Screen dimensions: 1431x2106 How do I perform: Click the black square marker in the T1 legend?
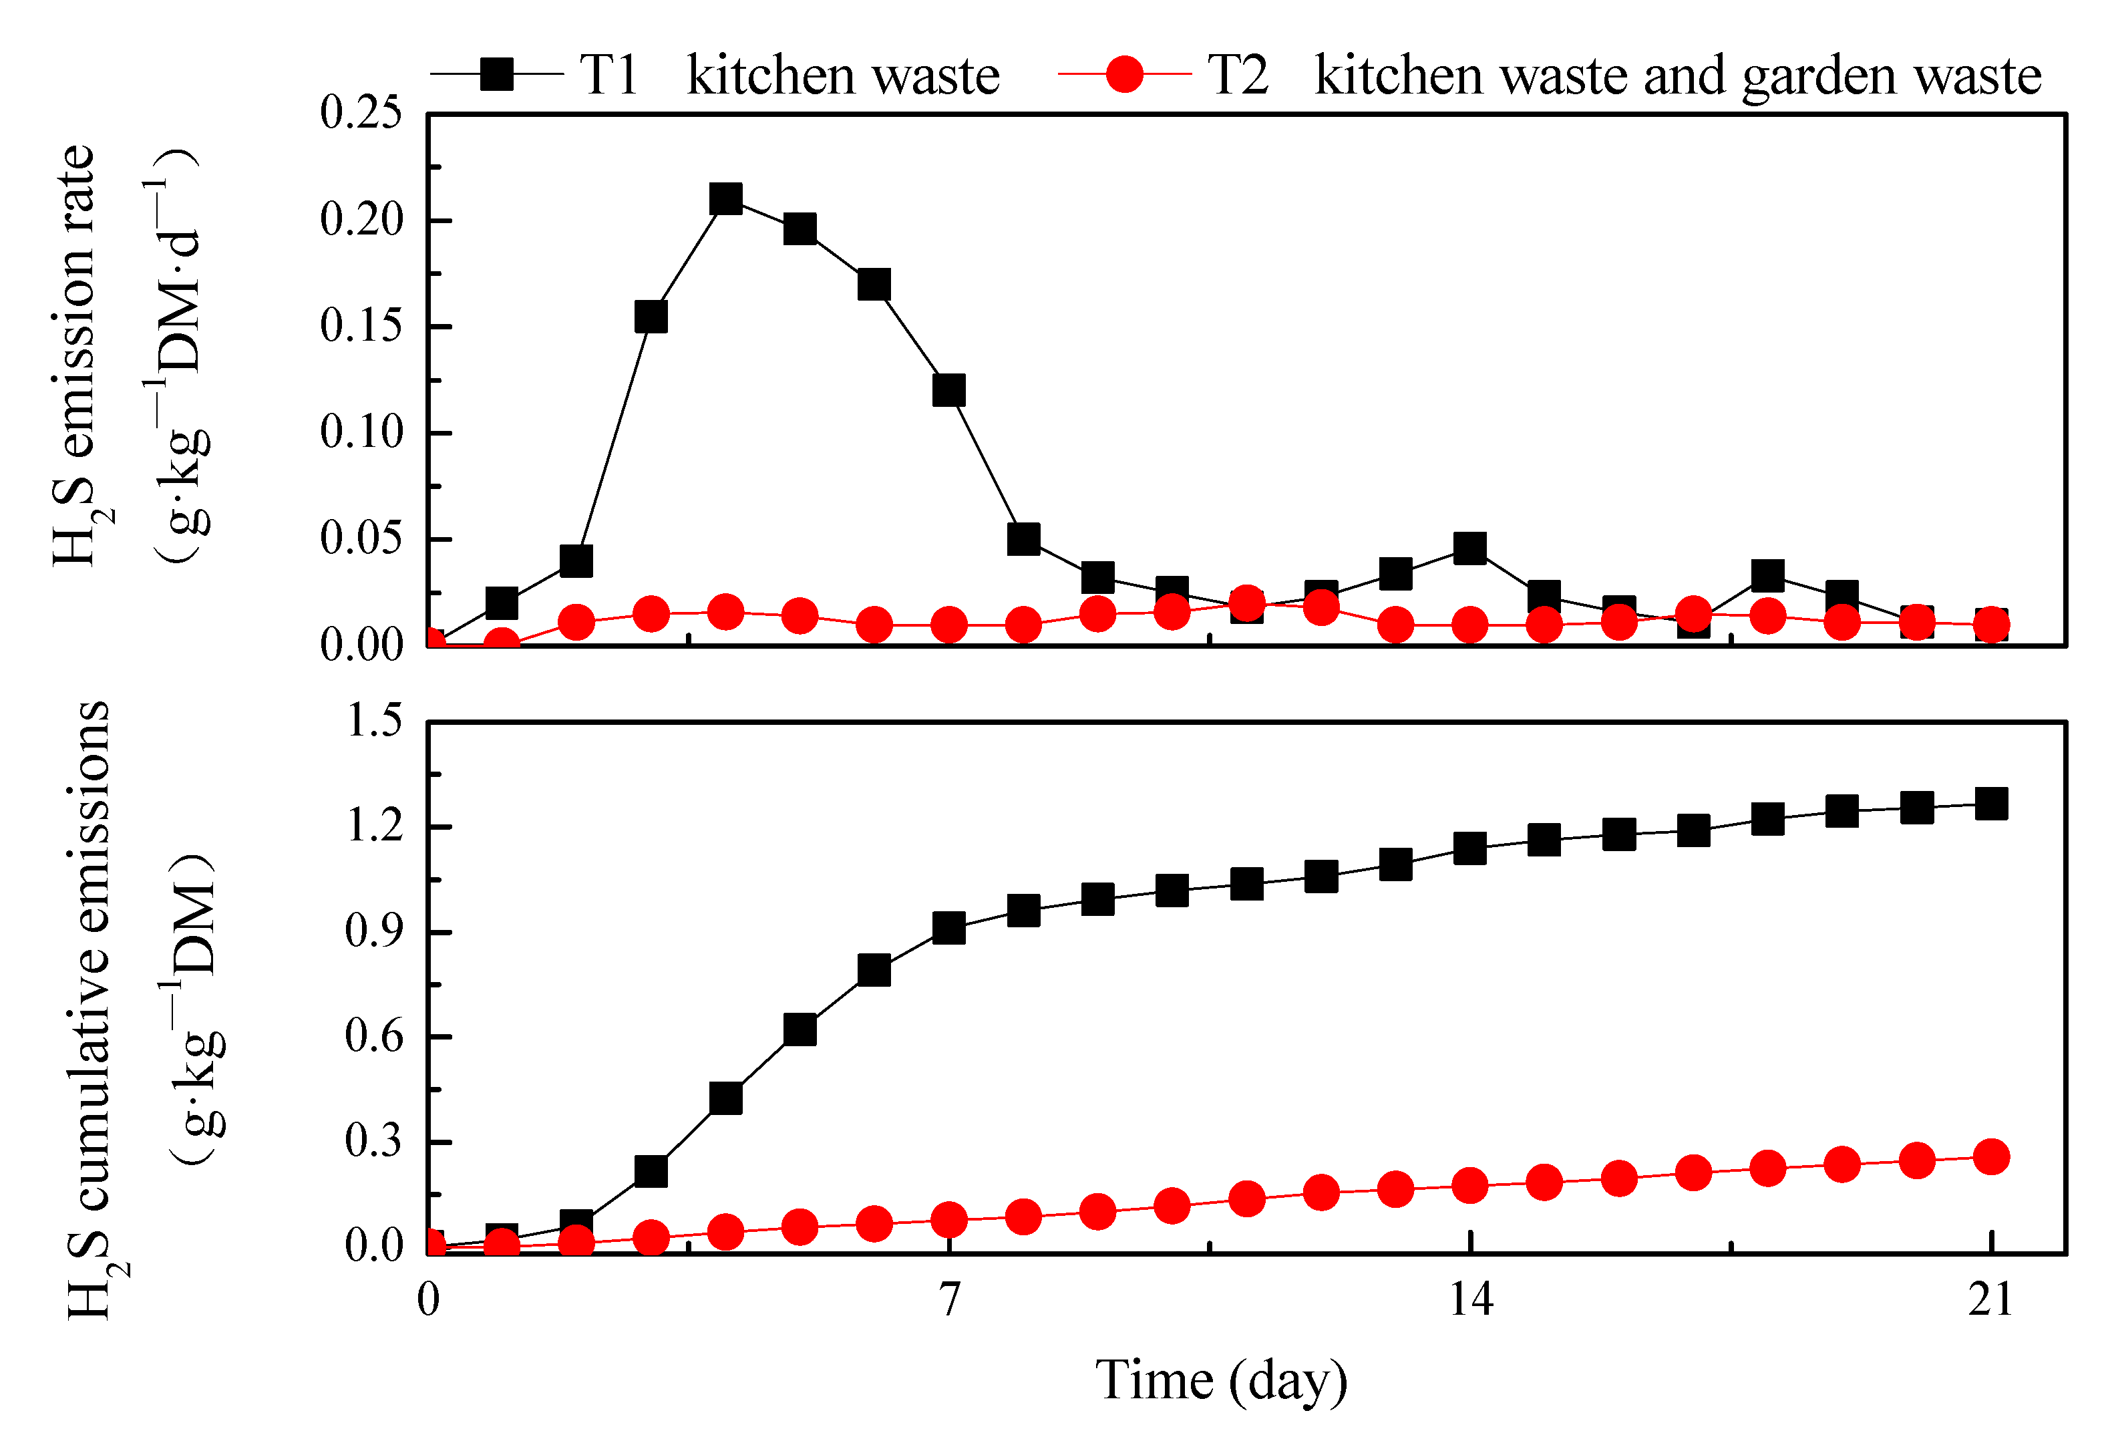click(x=496, y=73)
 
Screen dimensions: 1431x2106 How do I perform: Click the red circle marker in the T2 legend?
click(x=1125, y=73)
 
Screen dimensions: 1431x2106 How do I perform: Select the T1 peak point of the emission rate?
click(x=726, y=198)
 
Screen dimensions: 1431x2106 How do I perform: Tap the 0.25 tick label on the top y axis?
click(x=361, y=114)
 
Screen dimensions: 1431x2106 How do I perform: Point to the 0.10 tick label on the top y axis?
click(x=361, y=432)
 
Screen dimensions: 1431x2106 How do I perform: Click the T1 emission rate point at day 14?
click(x=1470, y=548)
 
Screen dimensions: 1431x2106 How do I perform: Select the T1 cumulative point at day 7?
click(x=948, y=928)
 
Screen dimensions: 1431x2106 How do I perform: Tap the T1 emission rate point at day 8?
click(x=1023, y=539)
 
